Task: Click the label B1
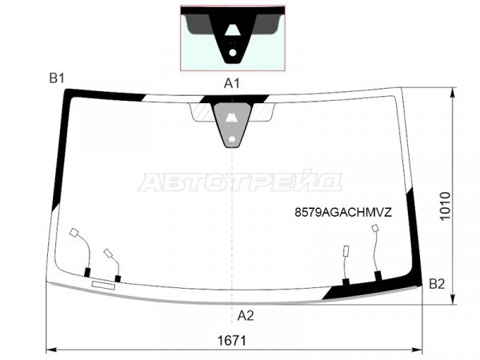point(57,78)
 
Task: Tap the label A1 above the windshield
point(232,83)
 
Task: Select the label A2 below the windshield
point(246,316)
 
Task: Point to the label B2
point(437,284)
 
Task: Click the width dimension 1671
point(232,341)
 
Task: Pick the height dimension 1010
point(445,206)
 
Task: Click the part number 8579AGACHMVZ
point(343,212)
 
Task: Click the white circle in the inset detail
point(233,53)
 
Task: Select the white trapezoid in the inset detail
point(232,30)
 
